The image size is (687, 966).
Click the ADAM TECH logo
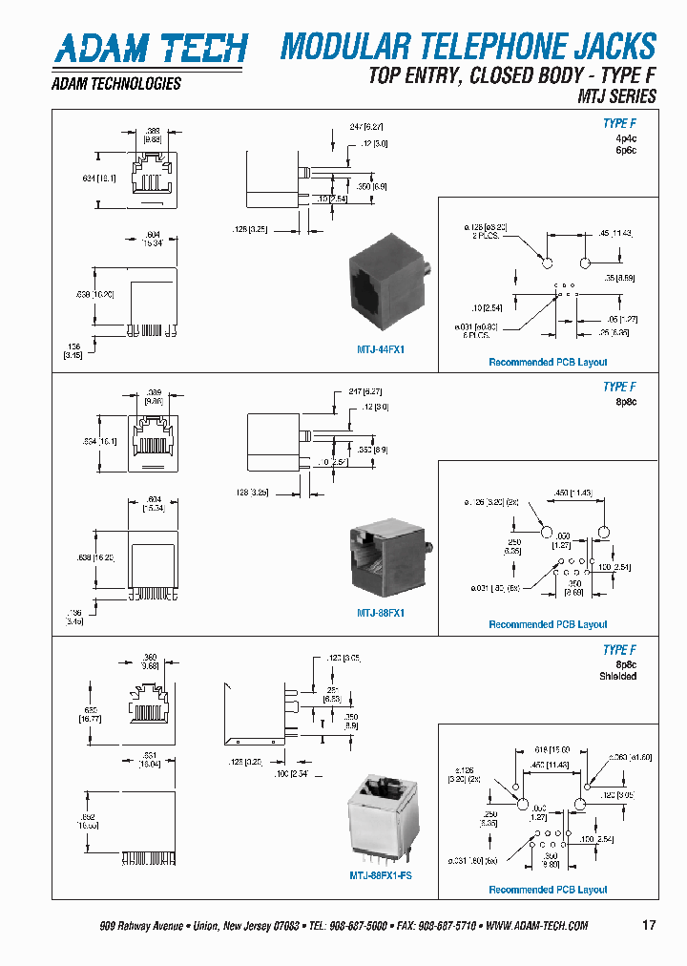pos(150,48)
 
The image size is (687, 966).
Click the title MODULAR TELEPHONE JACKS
pos(468,46)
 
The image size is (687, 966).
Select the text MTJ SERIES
pos(616,95)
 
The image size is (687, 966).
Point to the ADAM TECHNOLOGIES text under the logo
pos(115,84)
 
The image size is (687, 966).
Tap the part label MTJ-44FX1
pos(381,350)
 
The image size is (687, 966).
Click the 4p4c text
pos(625,137)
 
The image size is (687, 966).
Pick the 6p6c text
pos(625,151)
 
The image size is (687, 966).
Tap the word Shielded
pos(617,676)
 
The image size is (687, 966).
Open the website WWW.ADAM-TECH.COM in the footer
pos(536,926)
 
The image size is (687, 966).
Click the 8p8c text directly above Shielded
pos(625,663)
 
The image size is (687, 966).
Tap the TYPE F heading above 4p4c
pos(619,123)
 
